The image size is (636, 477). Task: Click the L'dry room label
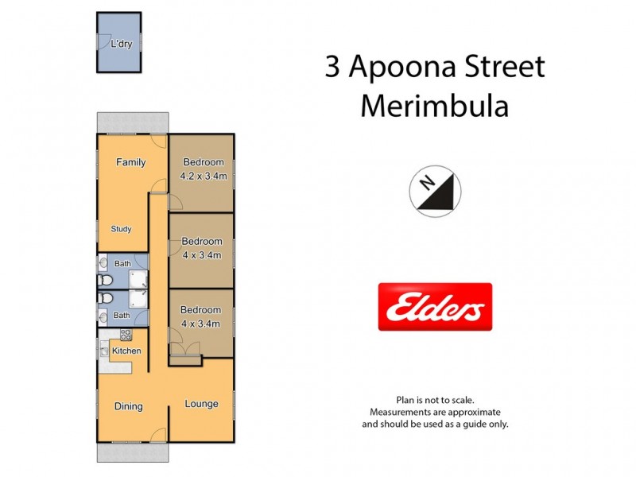pyautogui.click(x=121, y=45)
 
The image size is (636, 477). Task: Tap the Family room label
pyautogui.click(x=131, y=162)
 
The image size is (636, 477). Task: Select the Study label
pyautogui.click(x=121, y=229)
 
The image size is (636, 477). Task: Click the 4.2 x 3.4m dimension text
pyautogui.click(x=203, y=176)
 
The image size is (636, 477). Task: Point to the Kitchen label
pyautogui.click(x=126, y=351)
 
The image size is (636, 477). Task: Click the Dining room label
pyautogui.click(x=128, y=406)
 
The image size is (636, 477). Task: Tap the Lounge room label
pyautogui.click(x=201, y=404)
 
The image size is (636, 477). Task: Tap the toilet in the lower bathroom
pyautogui.click(x=105, y=298)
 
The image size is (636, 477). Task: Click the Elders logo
pyautogui.click(x=434, y=307)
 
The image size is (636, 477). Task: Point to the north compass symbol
pyautogui.click(x=435, y=192)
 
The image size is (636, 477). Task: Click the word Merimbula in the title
pyautogui.click(x=434, y=106)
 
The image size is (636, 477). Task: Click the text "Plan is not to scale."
pyautogui.click(x=435, y=401)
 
